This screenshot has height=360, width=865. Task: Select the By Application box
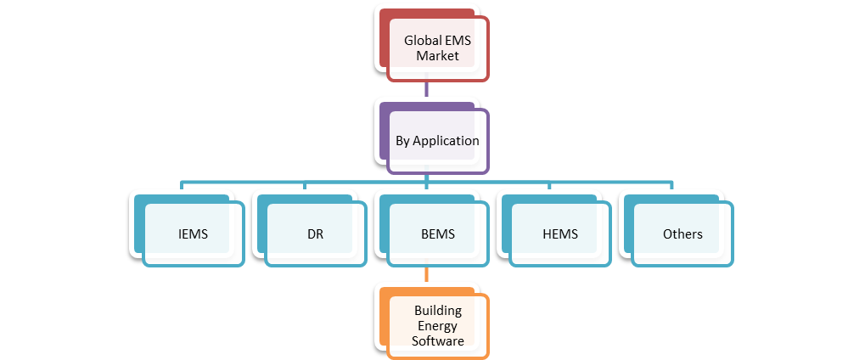pos(437,141)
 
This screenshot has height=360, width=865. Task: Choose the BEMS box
pos(437,234)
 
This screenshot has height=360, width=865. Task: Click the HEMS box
pos(559,234)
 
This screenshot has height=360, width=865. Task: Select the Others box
pos(682,234)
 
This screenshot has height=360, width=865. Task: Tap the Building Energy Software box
pos(437,326)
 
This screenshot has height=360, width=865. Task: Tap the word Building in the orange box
pos(437,311)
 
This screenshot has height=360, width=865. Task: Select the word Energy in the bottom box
pos(437,326)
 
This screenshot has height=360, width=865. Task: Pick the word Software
pos(437,341)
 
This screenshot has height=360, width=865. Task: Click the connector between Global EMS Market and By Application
pos(427,92)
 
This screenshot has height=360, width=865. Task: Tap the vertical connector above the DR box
pos(305,186)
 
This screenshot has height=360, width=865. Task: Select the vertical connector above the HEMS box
pos(549,186)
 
